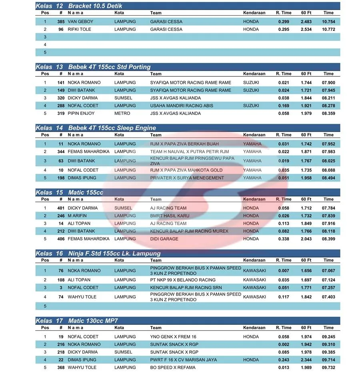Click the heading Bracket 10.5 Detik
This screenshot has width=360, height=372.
point(95,6)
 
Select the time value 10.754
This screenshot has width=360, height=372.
point(328,22)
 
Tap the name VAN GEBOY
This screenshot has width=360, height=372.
point(80,22)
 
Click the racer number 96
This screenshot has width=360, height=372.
point(61,29)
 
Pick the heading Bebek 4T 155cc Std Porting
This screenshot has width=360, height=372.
point(109,67)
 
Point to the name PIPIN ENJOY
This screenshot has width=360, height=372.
point(81,113)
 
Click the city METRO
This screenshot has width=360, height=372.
point(122,113)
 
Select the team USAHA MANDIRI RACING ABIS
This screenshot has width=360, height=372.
point(182,106)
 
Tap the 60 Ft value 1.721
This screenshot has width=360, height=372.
point(306,90)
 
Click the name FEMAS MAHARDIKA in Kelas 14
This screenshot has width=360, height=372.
point(88,152)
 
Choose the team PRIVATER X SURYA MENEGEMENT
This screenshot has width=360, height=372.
point(187,178)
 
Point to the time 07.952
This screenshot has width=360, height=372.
point(328,144)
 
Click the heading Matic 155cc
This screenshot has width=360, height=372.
point(86,192)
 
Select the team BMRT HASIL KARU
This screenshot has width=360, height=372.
point(170,216)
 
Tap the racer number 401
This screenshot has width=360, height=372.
point(60,208)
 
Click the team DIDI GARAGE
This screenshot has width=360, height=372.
point(164,239)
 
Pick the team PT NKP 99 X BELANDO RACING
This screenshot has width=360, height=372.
point(183,280)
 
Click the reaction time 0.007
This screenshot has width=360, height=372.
point(283,271)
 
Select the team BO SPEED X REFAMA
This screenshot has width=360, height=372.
point(173,367)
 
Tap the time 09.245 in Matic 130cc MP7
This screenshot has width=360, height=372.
point(328,337)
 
